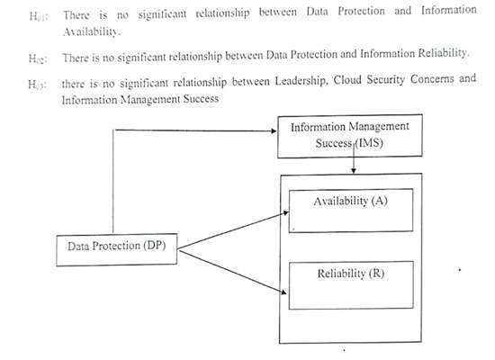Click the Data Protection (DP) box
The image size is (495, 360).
[x=116, y=250]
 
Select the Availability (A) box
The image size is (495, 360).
[x=351, y=211]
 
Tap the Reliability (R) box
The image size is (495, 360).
[x=351, y=284]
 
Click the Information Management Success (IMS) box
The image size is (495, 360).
[x=350, y=136]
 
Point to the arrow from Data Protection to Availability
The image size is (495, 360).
[x=233, y=230]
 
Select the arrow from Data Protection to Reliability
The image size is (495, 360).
[x=233, y=272]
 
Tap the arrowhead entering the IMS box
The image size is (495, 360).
[x=274, y=131]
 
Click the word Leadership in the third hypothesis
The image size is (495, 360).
[x=300, y=81]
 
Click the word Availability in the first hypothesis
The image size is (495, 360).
[x=92, y=31]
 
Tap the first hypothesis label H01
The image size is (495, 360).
[x=39, y=16]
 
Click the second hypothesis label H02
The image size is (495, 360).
[x=38, y=58]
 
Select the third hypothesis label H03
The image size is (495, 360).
[x=37, y=85]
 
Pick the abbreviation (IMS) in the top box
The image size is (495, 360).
[x=369, y=143]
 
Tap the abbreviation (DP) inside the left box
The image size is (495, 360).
[x=155, y=246]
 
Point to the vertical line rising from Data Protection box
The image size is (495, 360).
[x=113, y=182]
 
